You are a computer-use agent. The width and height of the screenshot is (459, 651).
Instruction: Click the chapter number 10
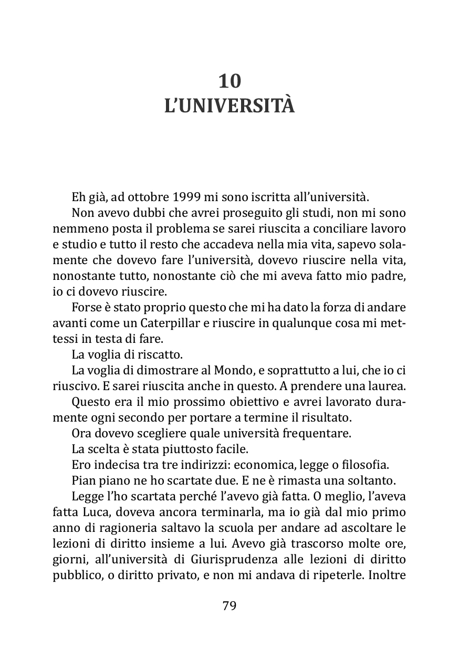(x=229, y=81)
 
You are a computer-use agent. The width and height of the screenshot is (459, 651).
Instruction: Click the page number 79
(x=229, y=605)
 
